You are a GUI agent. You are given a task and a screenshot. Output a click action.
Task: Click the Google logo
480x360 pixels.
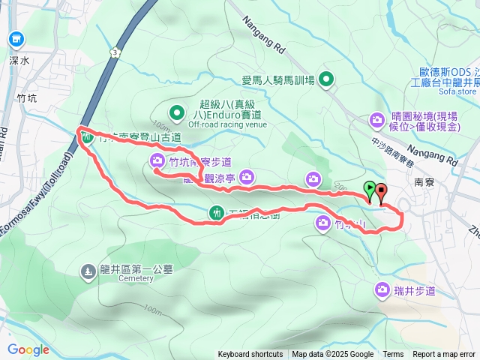[x=28, y=349]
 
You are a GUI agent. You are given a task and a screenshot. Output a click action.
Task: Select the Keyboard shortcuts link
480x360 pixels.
[x=250, y=355]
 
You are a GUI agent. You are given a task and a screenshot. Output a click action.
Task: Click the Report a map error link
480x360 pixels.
[x=444, y=355]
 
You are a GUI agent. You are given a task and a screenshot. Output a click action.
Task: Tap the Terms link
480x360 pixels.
[x=393, y=355]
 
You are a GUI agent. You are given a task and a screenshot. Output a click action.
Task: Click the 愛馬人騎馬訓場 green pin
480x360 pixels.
[x=326, y=79]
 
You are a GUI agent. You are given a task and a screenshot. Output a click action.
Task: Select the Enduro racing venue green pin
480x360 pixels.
[x=176, y=114]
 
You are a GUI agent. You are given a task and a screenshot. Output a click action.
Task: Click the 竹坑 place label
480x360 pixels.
[x=26, y=98]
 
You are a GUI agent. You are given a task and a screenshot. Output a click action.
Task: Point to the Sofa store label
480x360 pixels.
[x=456, y=91]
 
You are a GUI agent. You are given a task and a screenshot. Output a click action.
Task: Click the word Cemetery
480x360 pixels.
[x=135, y=279]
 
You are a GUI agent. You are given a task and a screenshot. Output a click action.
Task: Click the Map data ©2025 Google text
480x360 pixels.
[x=333, y=355]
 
